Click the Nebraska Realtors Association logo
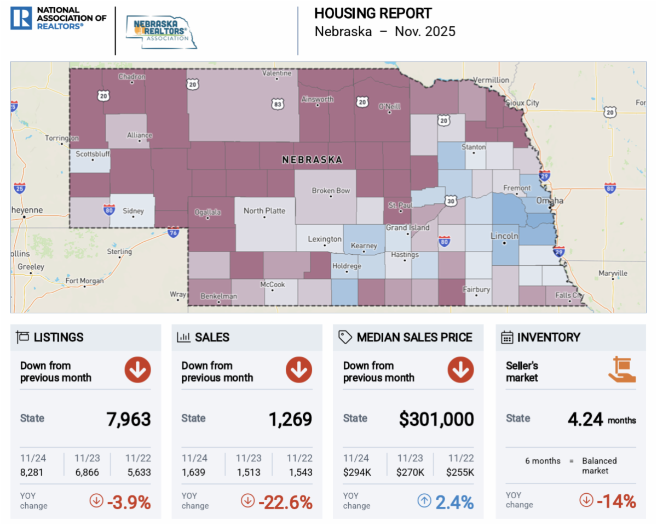coord(161,32)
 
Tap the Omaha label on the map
coord(550,201)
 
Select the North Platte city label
coord(264,210)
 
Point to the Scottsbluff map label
coord(93,153)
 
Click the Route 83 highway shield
coord(278,104)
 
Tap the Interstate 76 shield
coord(173,232)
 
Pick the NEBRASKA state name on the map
coord(312,159)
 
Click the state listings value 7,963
coord(129,419)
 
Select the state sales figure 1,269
coord(290,419)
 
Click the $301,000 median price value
coord(436,419)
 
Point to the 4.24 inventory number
coord(585,419)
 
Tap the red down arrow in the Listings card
coord(137,370)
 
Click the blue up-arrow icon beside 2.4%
coord(424,500)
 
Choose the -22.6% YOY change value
coord(285,502)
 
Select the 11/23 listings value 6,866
coord(87,472)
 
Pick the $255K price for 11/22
coord(460,472)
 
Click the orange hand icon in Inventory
coord(622,369)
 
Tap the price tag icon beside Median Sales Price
coord(345,337)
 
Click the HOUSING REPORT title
coord(373,14)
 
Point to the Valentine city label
coord(276,73)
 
